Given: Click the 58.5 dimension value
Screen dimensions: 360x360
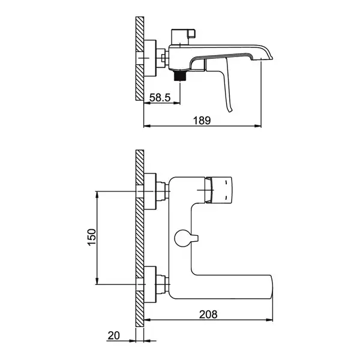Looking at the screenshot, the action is pos(160,98).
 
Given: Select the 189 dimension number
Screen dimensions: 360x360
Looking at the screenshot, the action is pos(202,121).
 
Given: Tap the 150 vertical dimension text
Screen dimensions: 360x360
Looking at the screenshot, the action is pos(92,237).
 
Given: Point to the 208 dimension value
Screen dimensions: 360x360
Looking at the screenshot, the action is pos(208,314).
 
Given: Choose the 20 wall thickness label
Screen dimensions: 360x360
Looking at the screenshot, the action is pos(113,335).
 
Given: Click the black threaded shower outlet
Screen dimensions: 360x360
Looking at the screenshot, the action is pos(180,76).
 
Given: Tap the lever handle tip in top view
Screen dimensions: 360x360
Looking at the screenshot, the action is pos(230,111).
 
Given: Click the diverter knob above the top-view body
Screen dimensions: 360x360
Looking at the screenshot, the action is pos(183,37).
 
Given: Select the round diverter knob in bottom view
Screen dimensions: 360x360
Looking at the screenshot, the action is pos(183,238).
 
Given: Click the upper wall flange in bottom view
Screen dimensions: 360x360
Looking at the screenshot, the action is pos(150,191).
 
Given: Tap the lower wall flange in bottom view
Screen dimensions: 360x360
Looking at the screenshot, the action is pos(150,284).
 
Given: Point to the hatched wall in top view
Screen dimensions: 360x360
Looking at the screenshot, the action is pos(140,58).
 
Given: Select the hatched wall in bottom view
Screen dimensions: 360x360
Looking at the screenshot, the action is pos(140,239).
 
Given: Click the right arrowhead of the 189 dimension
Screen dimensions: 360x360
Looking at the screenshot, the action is pos(259,125).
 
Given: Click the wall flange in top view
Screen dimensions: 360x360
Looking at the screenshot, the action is pos(150,58).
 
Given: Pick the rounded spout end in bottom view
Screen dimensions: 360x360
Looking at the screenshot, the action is pos(270,287).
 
